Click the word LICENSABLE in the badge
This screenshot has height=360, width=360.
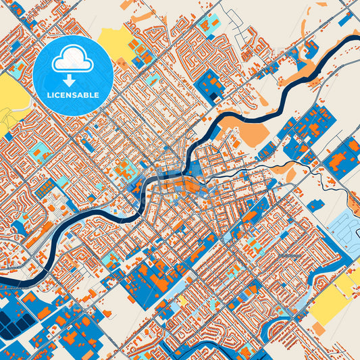point(74,95)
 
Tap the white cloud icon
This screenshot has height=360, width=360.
point(73,60)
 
